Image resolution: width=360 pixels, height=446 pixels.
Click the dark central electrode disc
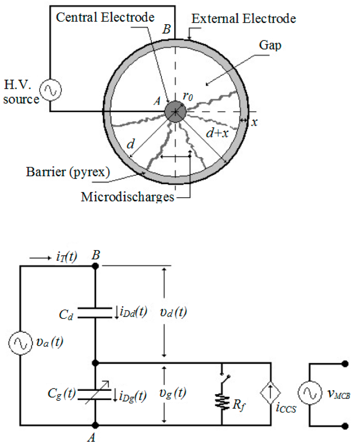(175, 112)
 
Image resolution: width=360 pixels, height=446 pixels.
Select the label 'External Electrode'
(244, 18)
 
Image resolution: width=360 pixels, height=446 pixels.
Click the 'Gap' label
(270, 45)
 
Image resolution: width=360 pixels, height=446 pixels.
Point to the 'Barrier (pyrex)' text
(68, 172)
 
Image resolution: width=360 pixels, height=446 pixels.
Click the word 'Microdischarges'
(127, 197)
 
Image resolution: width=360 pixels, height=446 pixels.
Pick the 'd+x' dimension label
(217, 132)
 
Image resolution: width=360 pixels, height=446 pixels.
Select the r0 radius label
(187, 96)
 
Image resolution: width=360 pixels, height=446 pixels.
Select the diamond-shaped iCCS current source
(271, 393)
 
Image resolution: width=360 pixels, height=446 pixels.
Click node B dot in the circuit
(95, 266)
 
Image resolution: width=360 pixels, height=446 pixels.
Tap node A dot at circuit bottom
(95, 425)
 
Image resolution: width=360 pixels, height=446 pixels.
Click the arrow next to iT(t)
(40, 258)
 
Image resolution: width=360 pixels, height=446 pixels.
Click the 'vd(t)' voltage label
(173, 312)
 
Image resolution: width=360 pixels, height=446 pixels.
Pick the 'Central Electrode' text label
(105, 17)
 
